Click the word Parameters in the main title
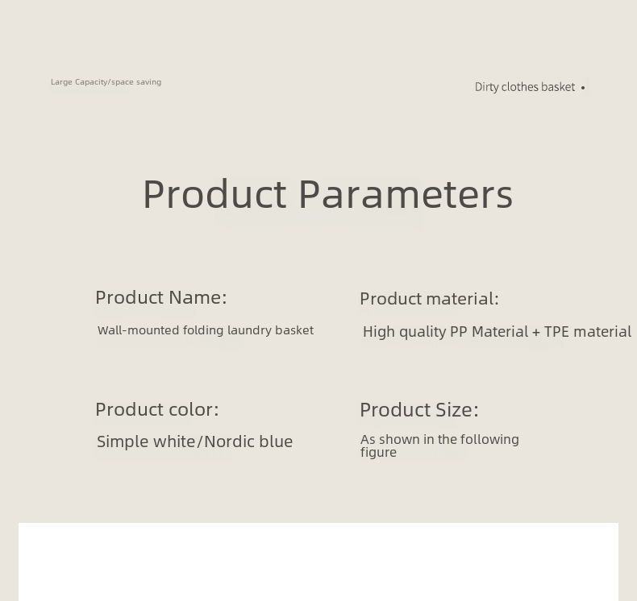pyautogui.click(x=406, y=194)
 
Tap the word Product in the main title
pyautogui.click(x=214, y=194)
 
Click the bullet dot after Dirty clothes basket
pyautogui.click(x=583, y=88)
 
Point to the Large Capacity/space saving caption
pyautogui.click(x=106, y=82)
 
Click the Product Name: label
pyautogui.click(x=161, y=297)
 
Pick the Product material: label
pyautogui.click(x=429, y=299)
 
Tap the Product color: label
pyautogui.click(x=156, y=409)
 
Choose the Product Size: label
pyautogui.click(x=419, y=410)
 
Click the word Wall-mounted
pyautogui.click(x=138, y=330)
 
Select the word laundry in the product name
pyautogui.click(x=249, y=330)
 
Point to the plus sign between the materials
pyautogui.click(x=536, y=333)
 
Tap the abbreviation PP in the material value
pyautogui.click(x=459, y=332)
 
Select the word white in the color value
pyautogui.click(x=175, y=441)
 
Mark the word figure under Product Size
pyautogui.click(x=378, y=453)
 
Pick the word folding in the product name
pyautogui.click(x=203, y=330)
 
